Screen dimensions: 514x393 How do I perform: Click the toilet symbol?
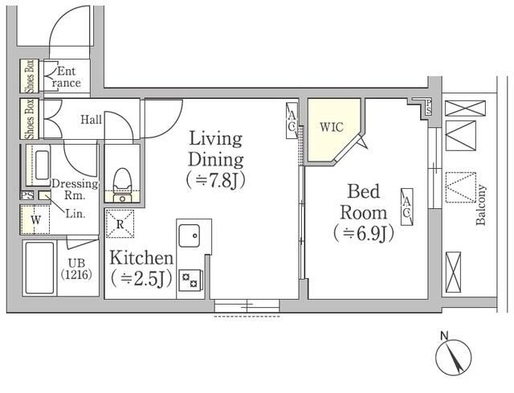click(122, 185)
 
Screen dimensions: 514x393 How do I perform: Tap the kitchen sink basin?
click(190, 235)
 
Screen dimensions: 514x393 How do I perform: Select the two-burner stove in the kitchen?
click(190, 280)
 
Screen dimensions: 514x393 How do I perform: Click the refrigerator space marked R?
click(120, 223)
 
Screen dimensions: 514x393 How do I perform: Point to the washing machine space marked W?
click(35, 219)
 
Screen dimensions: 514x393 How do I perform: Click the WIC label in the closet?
click(332, 127)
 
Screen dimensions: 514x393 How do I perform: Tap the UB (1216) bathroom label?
click(76, 268)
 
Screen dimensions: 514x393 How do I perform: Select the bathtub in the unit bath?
click(39, 268)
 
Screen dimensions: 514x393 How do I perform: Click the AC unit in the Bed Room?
click(407, 207)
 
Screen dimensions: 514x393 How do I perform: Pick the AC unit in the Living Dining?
click(292, 121)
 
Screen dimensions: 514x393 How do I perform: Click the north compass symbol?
click(453, 357)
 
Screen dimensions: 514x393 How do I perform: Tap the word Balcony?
click(481, 205)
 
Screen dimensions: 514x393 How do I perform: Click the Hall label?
click(91, 120)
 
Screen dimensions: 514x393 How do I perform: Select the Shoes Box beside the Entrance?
click(30, 76)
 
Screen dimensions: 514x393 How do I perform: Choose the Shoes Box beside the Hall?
click(30, 118)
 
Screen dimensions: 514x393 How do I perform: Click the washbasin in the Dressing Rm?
click(43, 165)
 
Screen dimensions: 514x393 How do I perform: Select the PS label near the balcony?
click(428, 107)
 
